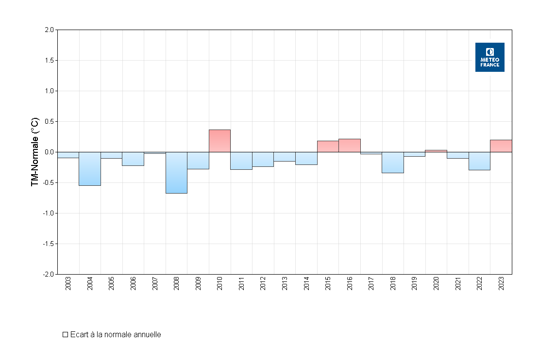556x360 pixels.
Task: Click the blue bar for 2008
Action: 176,173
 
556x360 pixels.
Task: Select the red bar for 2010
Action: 219,141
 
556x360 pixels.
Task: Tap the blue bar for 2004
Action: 90,169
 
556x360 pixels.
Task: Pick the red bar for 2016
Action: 350,146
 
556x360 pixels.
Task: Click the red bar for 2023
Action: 501,146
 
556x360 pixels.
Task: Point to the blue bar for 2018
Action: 393,163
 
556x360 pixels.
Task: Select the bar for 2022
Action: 479,161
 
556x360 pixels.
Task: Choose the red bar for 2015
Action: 328,147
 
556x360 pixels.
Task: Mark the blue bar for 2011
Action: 241,161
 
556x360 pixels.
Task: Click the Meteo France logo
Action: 489,57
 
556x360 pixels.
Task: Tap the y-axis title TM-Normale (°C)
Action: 35,152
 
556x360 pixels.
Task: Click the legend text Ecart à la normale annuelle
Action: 116,335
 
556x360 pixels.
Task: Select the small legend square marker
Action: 65,335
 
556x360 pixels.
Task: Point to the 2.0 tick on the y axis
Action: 49,30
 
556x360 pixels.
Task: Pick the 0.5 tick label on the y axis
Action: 49,121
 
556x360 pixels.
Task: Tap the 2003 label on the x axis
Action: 68,283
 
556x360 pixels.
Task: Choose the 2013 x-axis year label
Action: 285,283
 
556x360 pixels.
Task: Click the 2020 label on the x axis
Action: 436,283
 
